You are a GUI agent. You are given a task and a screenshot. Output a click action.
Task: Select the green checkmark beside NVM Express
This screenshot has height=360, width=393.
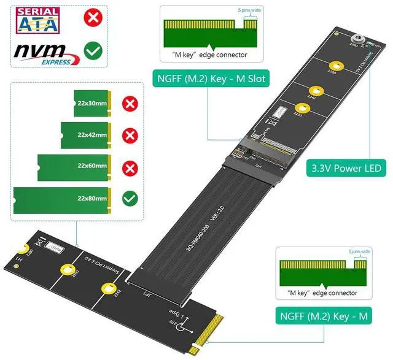tap(93, 50)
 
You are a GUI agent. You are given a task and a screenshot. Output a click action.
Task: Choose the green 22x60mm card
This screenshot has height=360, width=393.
tap(74, 166)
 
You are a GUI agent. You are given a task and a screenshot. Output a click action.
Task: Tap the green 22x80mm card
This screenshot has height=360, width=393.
tap(61, 198)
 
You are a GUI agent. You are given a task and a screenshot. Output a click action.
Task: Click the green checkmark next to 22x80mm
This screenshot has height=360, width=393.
tap(130, 198)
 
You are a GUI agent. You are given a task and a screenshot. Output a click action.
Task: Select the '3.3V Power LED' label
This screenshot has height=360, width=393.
tap(346, 167)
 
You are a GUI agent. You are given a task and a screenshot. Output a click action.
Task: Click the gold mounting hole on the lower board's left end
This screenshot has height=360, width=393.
tap(23, 250)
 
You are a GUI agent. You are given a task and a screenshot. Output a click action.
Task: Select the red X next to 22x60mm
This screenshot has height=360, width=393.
tap(130, 166)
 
